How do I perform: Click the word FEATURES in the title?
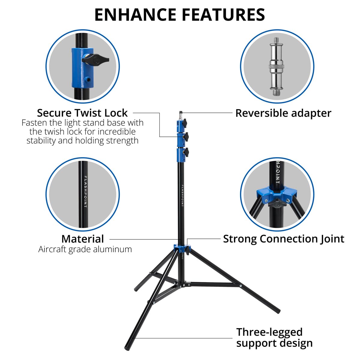[x=223, y=15]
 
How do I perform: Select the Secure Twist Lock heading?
[x=82, y=113]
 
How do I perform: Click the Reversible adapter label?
[x=283, y=113]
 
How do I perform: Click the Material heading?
[x=82, y=239]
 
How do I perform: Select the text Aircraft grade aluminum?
[x=85, y=249]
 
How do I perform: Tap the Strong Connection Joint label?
[x=283, y=239]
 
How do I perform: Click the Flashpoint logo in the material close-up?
[x=85, y=192]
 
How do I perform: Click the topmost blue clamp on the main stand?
[x=181, y=124]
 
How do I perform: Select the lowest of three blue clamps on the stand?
[x=181, y=153]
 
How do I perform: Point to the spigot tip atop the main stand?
[x=181, y=114]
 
